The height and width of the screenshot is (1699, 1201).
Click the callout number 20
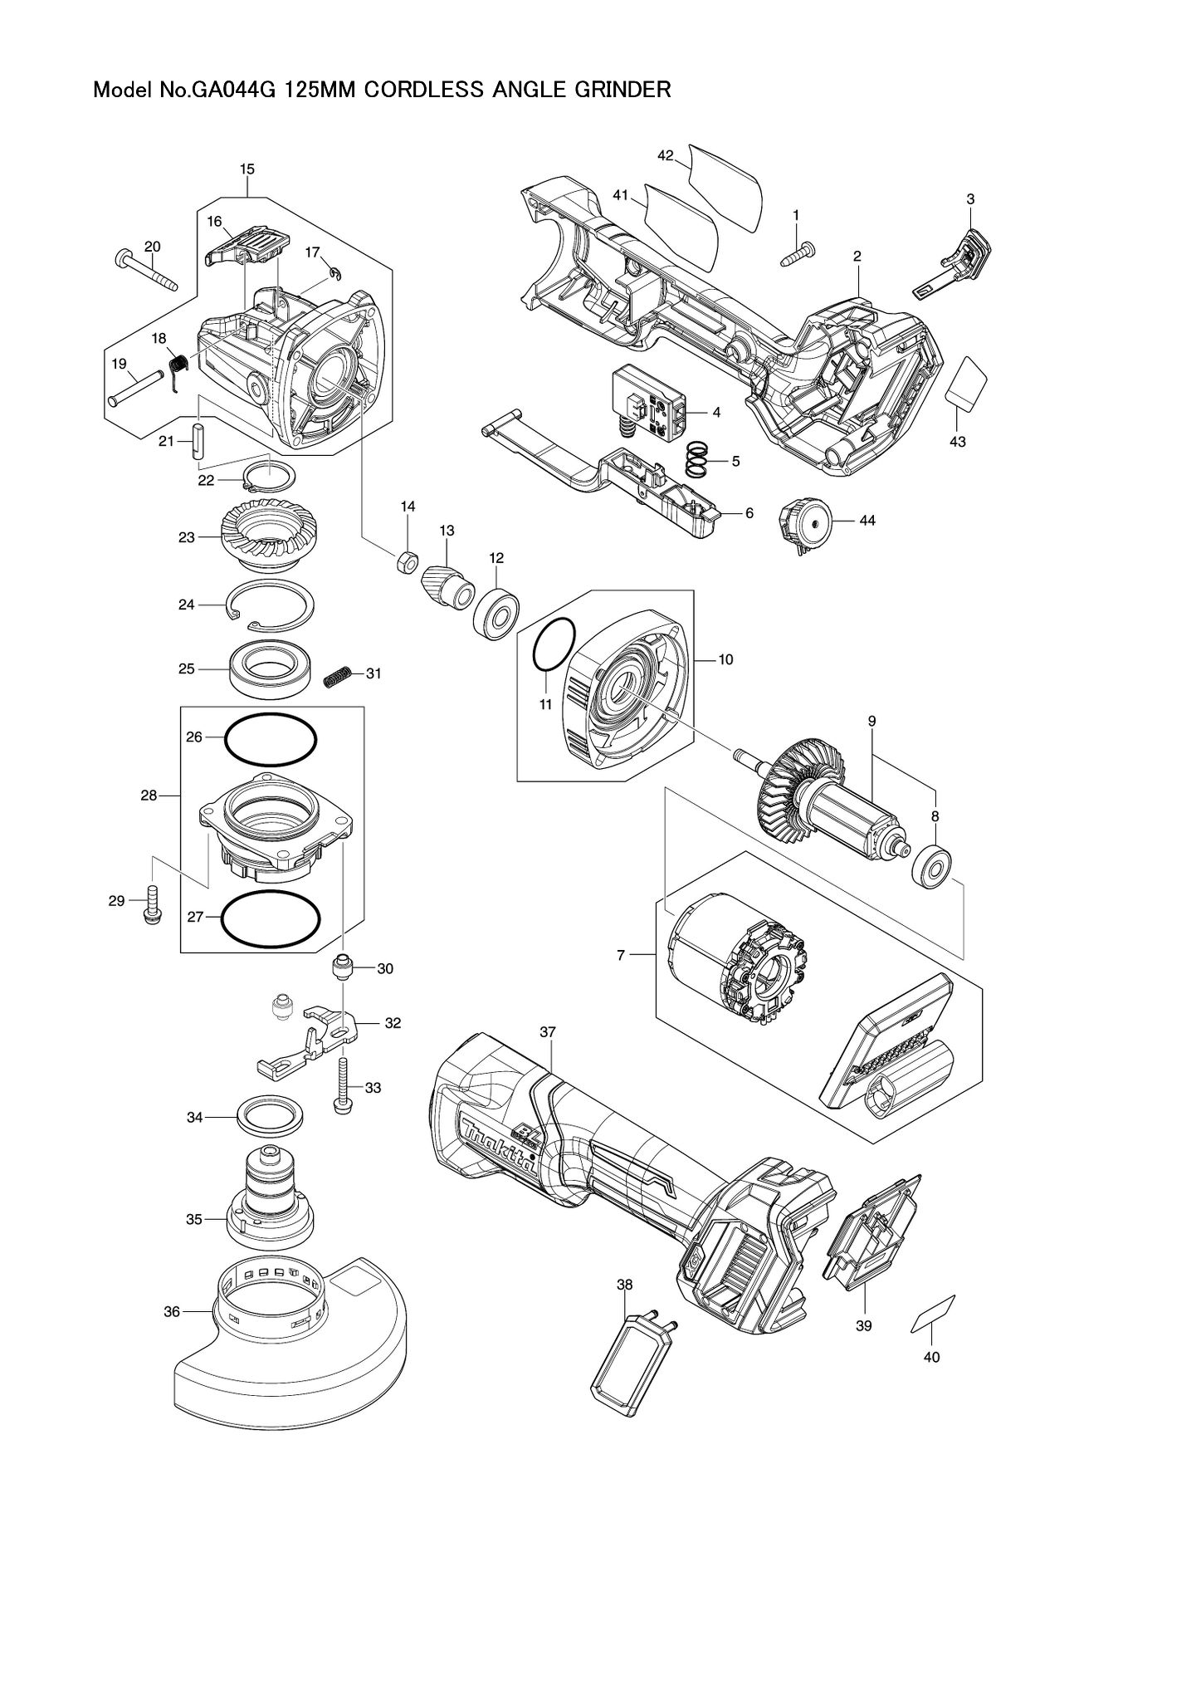[153, 247]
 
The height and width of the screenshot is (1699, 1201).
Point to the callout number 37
[547, 1031]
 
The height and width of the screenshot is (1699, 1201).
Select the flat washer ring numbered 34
[269, 1117]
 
